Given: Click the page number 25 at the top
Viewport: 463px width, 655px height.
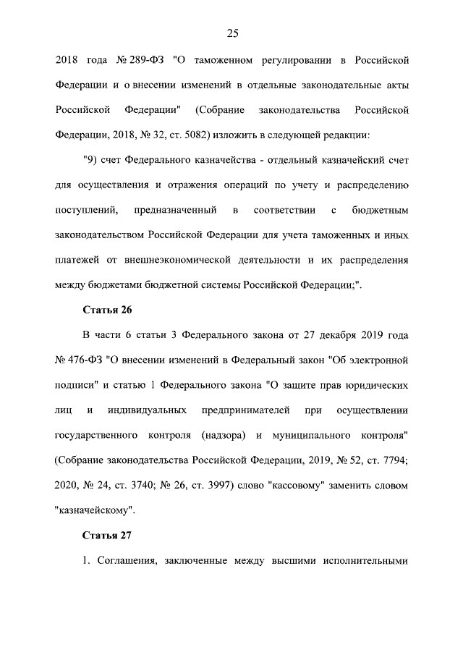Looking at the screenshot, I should pyautogui.click(x=232, y=33).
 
